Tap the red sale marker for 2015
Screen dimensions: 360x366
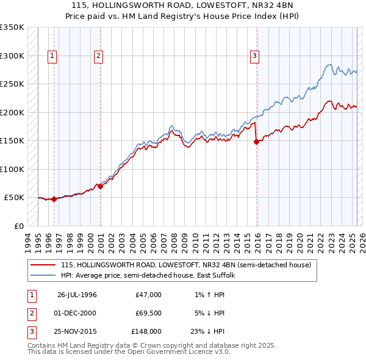coord(256,142)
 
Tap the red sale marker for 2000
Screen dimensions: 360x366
coord(101,186)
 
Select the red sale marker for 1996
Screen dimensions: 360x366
coord(54,199)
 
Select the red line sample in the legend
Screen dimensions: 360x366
coord(43,265)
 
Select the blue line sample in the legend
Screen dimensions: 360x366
coord(43,275)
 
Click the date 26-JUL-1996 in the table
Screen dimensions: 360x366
coord(77,295)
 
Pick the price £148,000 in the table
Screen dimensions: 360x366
coord(146,331)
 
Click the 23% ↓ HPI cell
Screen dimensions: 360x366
coord(207,331)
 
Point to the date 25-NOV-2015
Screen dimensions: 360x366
coord(77,331)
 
